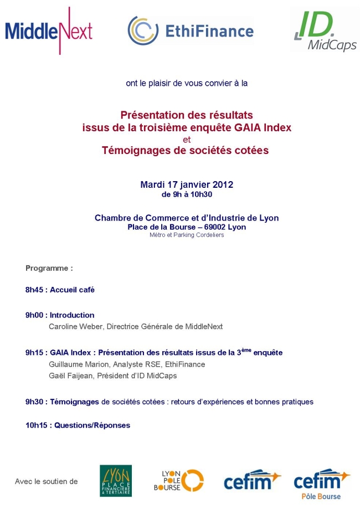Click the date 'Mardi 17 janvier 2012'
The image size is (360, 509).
pyautogui.click(x=187, y=184)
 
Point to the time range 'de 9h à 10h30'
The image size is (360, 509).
pyautogui.click(x=187, y=194)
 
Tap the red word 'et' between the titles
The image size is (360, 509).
pyautogui.click(x=186, y=139)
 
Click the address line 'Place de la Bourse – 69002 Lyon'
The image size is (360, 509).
pyautogui.click(x=187, y=227)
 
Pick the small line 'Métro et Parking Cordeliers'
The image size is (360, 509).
pyautogui.click(x=187, y=234)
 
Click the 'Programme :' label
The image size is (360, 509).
pyautogui.click(x=49, y=268)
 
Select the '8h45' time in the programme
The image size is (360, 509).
pyautogui.click(x=35, y=289)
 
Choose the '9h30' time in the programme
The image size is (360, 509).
pyautogui.click(x=35, y=402)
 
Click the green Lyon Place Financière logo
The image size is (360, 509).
pyautogui.click(x=115, y=481)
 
